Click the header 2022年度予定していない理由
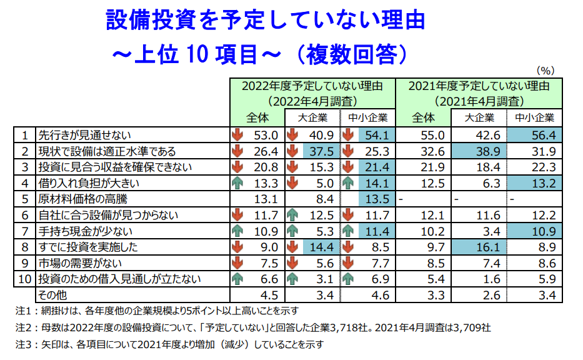tap(312, 86)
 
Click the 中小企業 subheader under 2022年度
tap(368, 117)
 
